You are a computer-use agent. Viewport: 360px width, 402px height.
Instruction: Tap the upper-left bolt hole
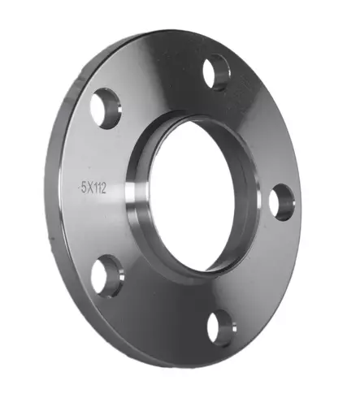[x=105, y=109]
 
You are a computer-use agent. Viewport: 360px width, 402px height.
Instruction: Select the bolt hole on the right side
[x=280, y=201]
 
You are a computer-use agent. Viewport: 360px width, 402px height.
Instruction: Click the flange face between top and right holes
[x=264, y=130]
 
